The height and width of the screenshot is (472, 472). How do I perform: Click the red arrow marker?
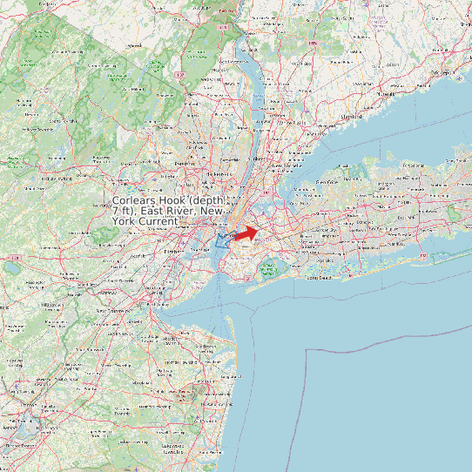click(246, 233)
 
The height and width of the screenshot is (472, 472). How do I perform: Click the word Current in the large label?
click(158, 222)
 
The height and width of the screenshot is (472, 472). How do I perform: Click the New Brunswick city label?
click(112, 310)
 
